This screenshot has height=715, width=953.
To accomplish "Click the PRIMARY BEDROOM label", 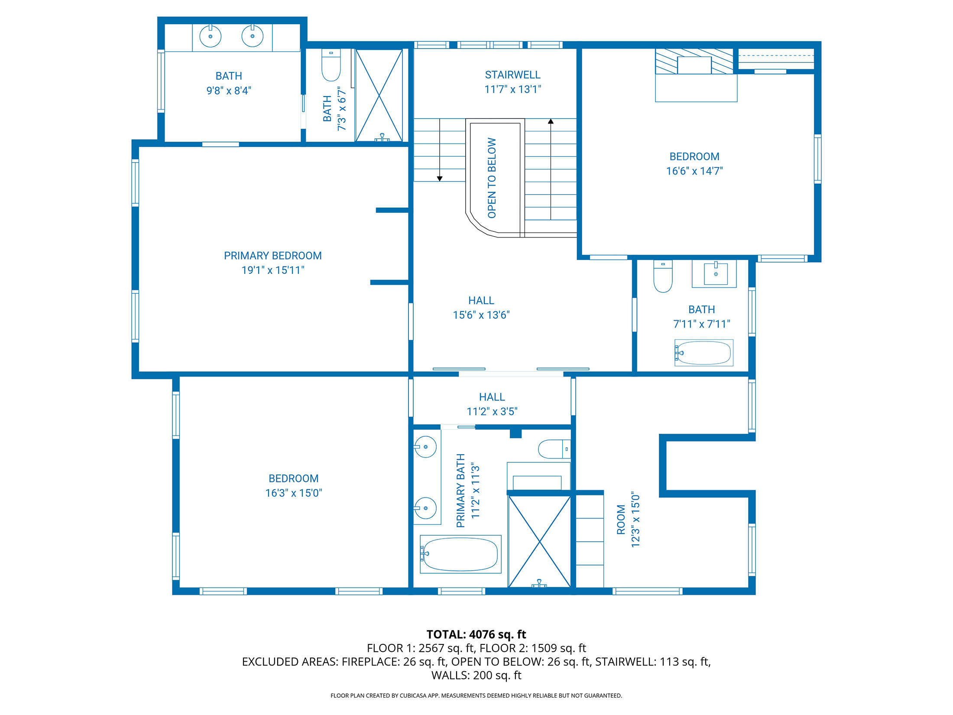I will [272, 256].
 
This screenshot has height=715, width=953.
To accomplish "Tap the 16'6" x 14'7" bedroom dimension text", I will [694, 171].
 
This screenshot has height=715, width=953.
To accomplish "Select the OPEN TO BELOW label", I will [492, 178].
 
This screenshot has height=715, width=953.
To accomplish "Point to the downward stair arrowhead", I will [440, 179].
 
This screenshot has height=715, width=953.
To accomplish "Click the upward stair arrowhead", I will [551, 122].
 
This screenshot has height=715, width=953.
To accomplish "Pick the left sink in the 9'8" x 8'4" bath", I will [211, 36].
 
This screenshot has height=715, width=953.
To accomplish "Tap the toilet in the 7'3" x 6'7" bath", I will [331, 66].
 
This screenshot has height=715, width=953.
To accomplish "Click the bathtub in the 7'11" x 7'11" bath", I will [703, 353].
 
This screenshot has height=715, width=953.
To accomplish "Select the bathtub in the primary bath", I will [460, 554].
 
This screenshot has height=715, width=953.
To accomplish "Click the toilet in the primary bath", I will [553, 449].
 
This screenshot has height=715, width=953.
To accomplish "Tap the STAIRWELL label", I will [512, 75].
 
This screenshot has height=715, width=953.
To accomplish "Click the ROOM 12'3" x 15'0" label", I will [628, 520].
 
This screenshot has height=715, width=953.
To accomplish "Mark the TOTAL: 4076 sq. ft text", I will [476, 634].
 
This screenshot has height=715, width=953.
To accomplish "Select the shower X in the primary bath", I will [539, 542].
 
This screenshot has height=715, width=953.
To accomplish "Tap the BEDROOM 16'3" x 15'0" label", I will [293, 485].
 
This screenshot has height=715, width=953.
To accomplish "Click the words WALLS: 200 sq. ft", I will [476, 675].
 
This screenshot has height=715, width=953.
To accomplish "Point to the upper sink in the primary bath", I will [425, 447].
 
